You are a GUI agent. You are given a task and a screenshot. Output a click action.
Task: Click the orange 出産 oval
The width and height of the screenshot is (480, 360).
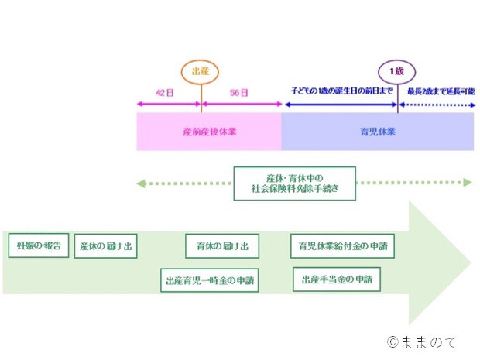click(200, 60)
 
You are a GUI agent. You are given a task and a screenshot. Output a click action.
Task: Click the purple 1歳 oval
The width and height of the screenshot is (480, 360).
click(396, 60)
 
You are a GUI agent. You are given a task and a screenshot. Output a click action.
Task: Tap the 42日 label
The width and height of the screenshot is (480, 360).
click(165, 93)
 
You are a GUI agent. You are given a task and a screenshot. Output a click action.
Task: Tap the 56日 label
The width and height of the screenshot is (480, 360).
click(238, 93)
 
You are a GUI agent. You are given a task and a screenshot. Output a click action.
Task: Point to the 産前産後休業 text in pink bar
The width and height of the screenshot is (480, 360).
click(210, 132)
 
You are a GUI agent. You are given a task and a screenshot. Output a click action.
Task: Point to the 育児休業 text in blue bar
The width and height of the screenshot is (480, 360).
click(378, 132)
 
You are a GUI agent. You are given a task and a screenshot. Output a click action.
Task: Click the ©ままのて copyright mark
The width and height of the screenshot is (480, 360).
click(422, 342)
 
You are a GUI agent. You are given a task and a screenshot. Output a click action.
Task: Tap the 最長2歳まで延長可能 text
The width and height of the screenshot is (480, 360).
click(441, 91)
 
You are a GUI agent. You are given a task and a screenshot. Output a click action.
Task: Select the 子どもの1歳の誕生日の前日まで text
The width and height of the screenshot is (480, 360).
click(341, 91)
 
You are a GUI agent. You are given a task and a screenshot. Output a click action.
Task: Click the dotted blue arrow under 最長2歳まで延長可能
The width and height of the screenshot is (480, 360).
click(437, 105)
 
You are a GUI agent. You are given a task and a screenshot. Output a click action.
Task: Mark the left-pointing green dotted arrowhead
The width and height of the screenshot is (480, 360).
click(141, 183)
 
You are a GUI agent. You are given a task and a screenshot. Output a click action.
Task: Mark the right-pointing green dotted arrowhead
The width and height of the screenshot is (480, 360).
click(468, 183)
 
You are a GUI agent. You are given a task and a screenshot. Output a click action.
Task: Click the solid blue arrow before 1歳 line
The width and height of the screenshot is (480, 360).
click(341, 105)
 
